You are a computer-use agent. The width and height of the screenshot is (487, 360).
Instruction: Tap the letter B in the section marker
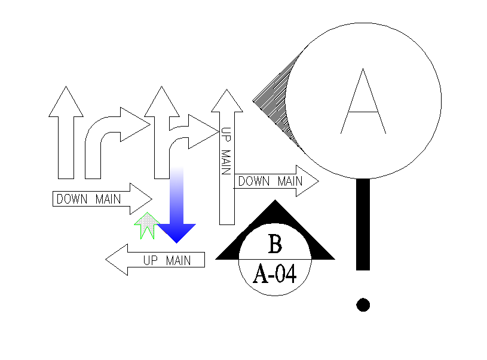pos(275,244)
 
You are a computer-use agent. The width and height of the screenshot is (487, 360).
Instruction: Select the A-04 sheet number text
pos(275,274)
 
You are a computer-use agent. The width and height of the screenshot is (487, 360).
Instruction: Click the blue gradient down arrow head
pos(177,232)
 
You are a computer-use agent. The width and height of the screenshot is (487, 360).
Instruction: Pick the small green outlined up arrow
pos(145,225)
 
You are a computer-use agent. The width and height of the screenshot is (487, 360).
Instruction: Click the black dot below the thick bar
pos(363,304)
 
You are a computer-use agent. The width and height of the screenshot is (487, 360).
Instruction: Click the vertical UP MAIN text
pos(225,152)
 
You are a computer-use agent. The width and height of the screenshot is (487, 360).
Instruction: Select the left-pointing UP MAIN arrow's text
pos(167,260)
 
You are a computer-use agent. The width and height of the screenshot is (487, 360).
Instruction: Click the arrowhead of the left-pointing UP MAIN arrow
pos(117,260)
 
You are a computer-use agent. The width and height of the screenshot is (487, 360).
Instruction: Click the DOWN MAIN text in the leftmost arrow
pos(88,199)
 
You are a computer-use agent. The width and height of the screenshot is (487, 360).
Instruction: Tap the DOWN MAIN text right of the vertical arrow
pos(269,181)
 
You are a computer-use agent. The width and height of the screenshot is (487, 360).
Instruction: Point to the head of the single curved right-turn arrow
pos(133,124)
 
